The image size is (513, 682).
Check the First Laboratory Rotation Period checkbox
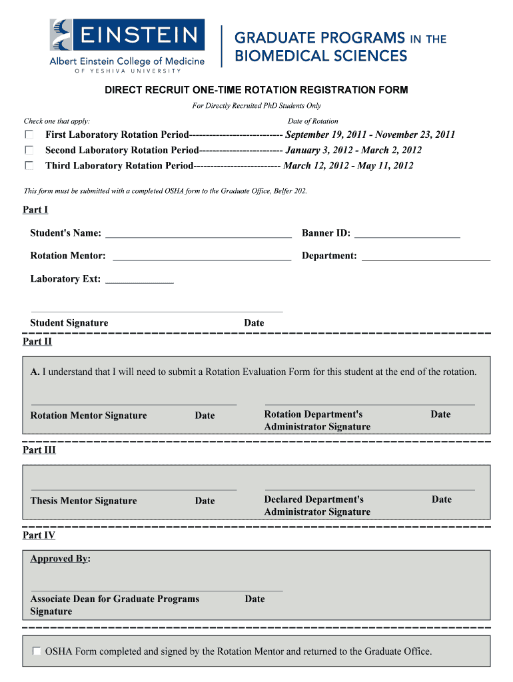pos(29,135)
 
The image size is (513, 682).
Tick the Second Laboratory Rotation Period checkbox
pos(29,150)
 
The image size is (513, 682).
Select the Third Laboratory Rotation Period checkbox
pos(29,165)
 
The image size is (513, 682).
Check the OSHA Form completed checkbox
pos(37,651)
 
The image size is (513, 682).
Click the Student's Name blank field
pos(198,233)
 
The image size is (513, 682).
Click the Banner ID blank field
pos(407,233)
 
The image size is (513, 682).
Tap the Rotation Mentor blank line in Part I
pos(202,256)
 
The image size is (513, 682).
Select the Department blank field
pos(425,256)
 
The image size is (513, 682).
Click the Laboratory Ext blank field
pos(140,279)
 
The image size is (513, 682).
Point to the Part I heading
pos(35,210)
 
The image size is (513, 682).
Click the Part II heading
pos(37,342)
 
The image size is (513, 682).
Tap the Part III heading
pos(39,450)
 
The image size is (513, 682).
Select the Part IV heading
pos(39,535)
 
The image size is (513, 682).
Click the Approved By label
pos(60,558)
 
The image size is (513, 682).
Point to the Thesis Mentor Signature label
pos(83,501)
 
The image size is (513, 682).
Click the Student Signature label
pos(69,323)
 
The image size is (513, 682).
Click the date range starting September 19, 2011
pos(370,135)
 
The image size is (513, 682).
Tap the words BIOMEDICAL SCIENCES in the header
pos(320,55)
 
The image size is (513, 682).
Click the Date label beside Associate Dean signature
pos(255,599)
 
